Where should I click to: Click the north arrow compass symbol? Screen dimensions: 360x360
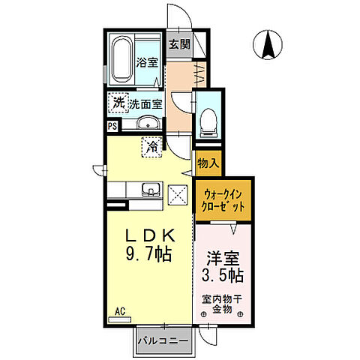(x=268, y=44)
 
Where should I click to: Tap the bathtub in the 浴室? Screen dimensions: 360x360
(x=121, y=59)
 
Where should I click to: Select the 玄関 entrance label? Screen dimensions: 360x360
(x=179, y=44)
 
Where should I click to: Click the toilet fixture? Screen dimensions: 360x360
(x=209, y=122)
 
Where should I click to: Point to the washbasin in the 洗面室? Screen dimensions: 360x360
(x=148, y=123)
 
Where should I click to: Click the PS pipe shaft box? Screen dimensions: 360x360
(x=112, y=126)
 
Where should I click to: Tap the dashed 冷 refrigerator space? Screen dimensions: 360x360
(x=152, y=147)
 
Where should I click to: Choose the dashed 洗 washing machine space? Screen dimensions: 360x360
(x=118, y=103)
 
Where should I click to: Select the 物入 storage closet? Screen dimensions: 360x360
(x=208, y=163)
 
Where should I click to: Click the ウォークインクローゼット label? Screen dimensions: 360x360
(x=223, y=200)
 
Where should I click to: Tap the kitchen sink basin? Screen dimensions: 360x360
(x=151, y=190)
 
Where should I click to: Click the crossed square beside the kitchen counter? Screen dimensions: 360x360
(x=178, y=195)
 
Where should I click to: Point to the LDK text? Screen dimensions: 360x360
(x=150, y=235)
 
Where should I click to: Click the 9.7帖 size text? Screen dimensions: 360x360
(x=148, y=254)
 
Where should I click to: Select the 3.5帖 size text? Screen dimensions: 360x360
(x=223, y=275)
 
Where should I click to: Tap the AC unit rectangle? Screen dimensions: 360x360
(x=120, y=319)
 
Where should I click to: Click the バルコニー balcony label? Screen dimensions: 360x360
(x=163, y=341)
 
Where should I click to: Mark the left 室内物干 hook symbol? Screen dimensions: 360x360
(x=204, y=314)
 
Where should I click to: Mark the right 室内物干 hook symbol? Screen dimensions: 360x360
(x=241, y=314)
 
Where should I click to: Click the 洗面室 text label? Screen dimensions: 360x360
(x=145, y=103)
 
